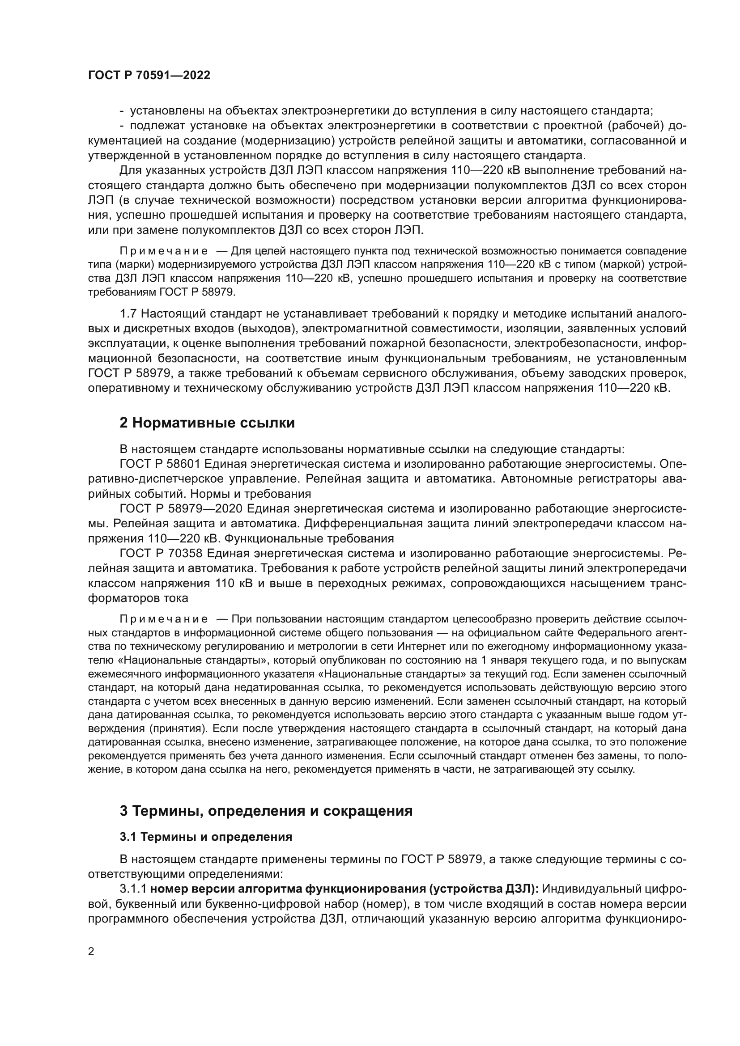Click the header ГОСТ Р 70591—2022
(x=149, y=76)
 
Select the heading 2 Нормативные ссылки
(x=207, y=423)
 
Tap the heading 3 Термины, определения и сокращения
(x=266, y=811)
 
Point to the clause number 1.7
(x=128, y=313)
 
